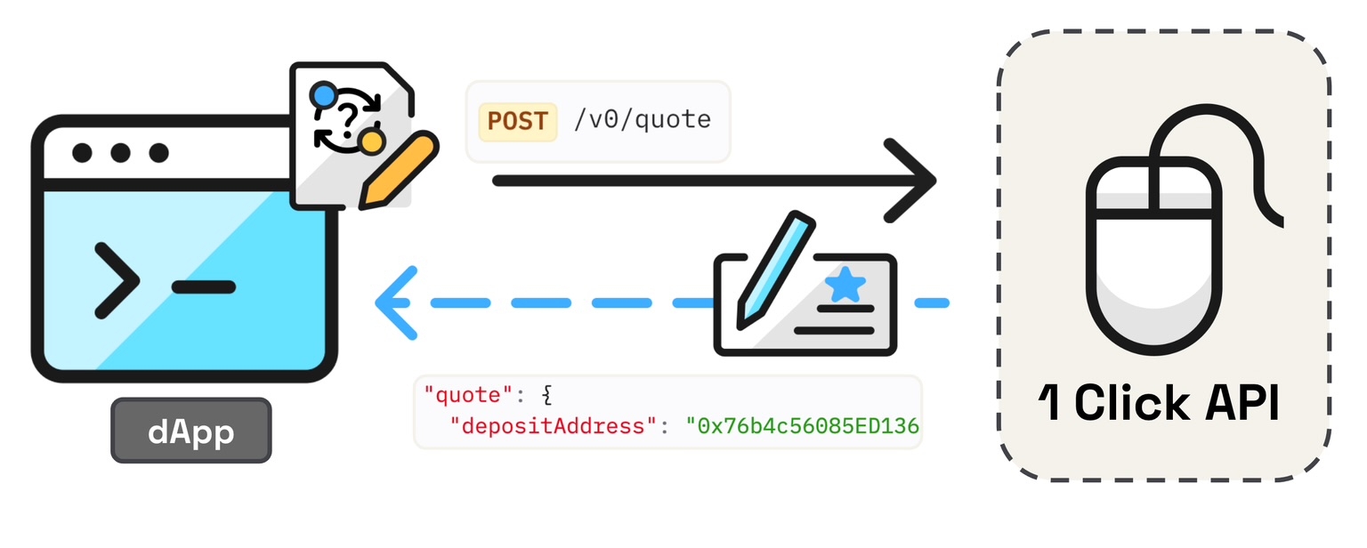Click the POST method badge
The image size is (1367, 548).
tap(517, 121)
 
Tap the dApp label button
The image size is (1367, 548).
tap(190, 431)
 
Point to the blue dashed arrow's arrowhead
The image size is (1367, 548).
tap(394, 302)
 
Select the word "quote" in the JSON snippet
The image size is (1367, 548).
tap(461, 393)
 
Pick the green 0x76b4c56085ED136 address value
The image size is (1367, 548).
tap(802, 425)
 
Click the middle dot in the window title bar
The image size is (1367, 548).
tap(120, 153)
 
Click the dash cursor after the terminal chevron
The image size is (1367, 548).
tap(203, 286)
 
